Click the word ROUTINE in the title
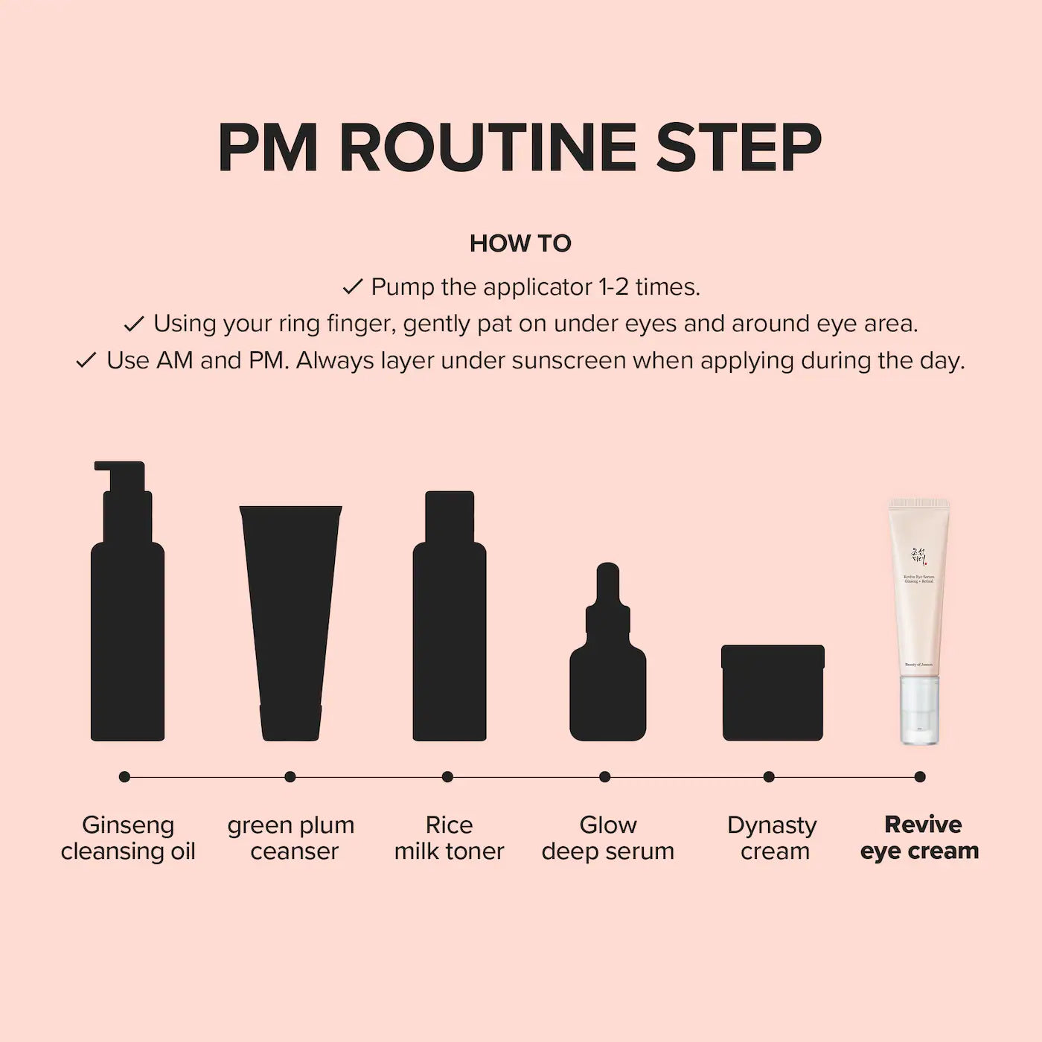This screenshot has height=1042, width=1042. (x=488, y=148)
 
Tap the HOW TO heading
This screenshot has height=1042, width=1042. (x=520, y=243)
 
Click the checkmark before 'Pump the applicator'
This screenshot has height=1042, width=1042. (x=352, y=287)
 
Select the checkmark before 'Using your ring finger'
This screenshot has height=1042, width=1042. (x=134, y=324)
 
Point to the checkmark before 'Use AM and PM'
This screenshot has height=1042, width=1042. (x=86, y=361)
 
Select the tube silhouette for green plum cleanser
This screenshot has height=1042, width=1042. (x=290, y=618)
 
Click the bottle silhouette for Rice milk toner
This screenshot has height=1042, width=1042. (x=449, y=625)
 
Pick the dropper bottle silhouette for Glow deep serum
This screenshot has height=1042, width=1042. (x=607, y=670)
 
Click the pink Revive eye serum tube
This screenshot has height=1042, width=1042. (x=918, y=588)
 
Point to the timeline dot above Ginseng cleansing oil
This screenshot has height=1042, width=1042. (x=124, y=776)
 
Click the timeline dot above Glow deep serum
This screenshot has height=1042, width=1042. (x=605, y=776)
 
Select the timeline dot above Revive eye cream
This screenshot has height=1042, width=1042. (x=920, y=776)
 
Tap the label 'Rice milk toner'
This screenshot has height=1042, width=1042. (x=449, y=838)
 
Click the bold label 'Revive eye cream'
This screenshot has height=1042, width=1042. (x=920, y=838)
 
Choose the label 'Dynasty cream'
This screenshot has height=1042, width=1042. (x=773, y=838)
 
